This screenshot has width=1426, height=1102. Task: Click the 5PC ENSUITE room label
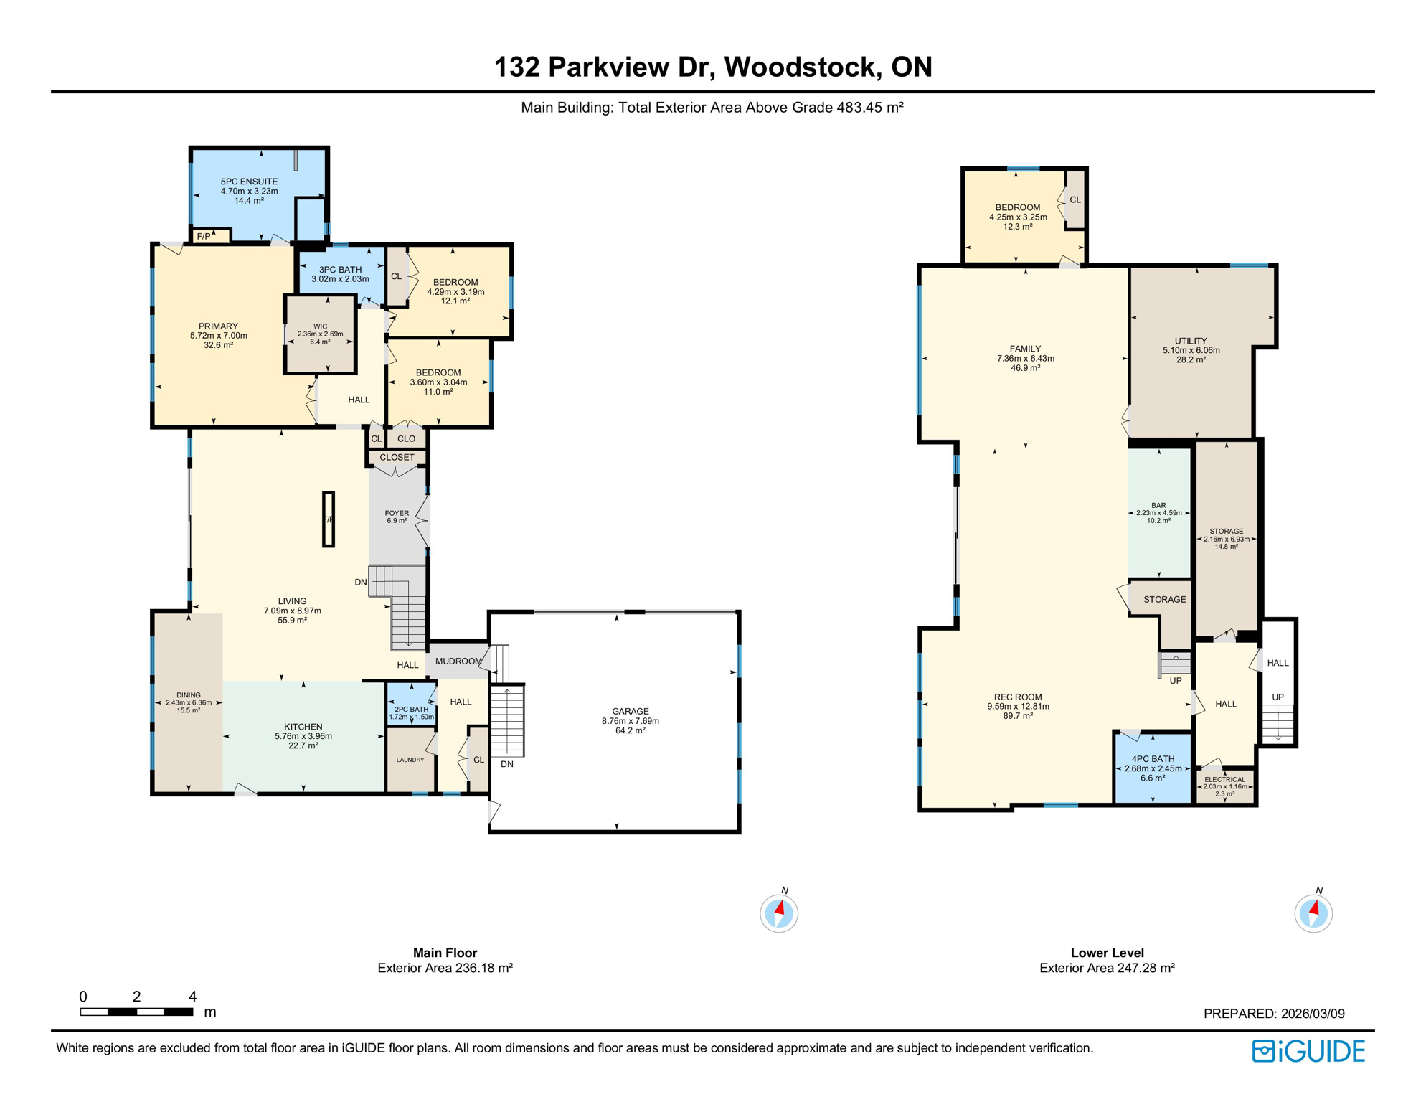[x=249, y=182]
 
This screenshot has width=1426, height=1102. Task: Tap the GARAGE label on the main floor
[x=630, y=711]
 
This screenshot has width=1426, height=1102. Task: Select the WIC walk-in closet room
[x=320, y=334]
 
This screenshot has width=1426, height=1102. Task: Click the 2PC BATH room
[x=411, y=710]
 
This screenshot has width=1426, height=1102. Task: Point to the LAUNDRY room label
[x=410, y=760]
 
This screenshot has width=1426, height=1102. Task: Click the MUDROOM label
[x=458, y=661]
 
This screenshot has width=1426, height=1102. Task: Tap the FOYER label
[x=397, y=514]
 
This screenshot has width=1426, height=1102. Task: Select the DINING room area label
[x=189, y=695]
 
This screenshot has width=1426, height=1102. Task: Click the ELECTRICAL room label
[x=1224, y=780]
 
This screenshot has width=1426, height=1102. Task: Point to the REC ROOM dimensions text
[x=1018, y=706]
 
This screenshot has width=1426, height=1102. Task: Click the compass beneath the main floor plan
[x=779, y=913]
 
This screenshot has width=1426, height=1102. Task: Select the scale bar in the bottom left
[x=136, y=1012]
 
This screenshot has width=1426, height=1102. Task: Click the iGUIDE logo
[x=1308, y=1051]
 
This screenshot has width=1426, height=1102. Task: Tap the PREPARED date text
[x=1273, y=1014]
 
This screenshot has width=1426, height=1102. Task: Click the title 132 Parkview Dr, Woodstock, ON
[x=713, y=67]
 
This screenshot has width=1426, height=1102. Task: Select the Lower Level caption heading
[x=1107, y=953]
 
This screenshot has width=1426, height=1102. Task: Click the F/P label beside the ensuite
[x=204, y=236]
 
